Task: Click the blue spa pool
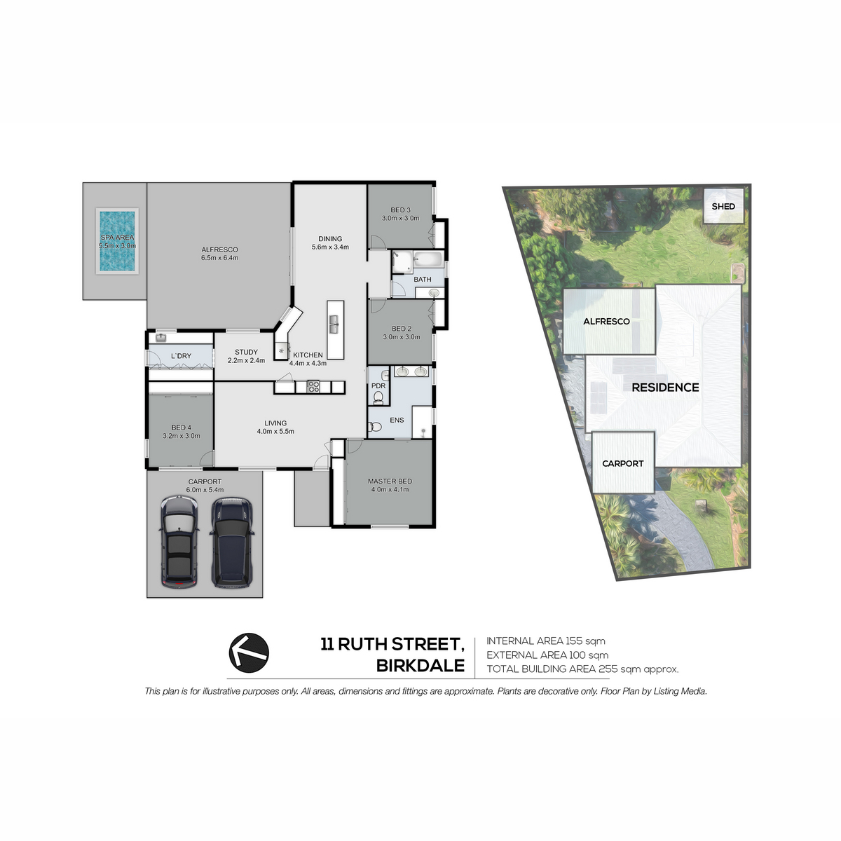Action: point(118,241)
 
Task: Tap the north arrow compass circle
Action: point(249,653)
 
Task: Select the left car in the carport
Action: point(179,542)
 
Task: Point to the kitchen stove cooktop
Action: point(313,387)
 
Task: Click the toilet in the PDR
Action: point(378,397)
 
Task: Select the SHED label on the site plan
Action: point(723,207)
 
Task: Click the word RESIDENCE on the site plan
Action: point(665,387)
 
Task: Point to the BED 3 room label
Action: point(401,210)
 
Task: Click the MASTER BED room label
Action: point(390,481)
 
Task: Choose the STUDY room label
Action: point(246,353)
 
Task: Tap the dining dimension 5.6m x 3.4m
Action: point(330,247)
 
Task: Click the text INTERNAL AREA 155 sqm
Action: point(545,641)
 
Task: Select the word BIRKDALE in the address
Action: point(420,666)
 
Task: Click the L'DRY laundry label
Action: point(181,356)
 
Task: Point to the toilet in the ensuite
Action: point(375,426)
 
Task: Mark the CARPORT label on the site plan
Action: point(623,463)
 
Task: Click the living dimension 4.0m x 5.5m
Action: point(275,432)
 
